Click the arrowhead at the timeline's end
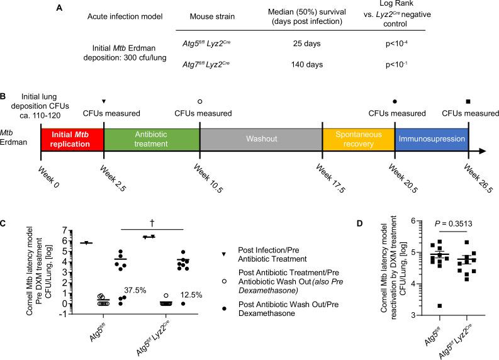point(487,151)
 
